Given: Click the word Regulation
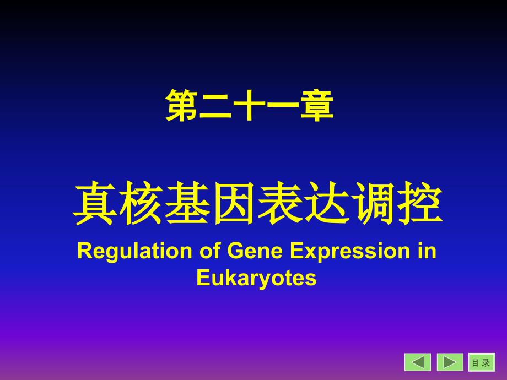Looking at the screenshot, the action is pos(134,251).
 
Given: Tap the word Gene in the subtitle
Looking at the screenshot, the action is pos(255,251).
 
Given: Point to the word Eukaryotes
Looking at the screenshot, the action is pos(256,278).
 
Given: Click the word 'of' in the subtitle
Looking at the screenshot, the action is pos(210,251).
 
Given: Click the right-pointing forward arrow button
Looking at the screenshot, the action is pos(450,362).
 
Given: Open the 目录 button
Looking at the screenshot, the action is pos(482,362).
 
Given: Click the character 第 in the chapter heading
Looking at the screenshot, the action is pos(182,105).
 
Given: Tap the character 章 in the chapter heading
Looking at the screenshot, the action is pos(317,105).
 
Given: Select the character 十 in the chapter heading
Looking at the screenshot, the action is pos(249,105).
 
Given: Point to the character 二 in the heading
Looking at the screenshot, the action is pos(215,106).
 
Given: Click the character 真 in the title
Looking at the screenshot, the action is pos(95,203).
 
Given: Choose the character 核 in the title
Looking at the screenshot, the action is pos(141,203).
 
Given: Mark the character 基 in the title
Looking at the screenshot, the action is pos(187,203).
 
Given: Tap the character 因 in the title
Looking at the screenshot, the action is pos(234,203).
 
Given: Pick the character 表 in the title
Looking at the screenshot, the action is pos(280,203).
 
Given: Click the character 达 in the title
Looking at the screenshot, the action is pos(326,203).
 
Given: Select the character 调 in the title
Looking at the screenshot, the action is pos(373,203).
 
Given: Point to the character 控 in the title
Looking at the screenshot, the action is pos(419,203).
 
